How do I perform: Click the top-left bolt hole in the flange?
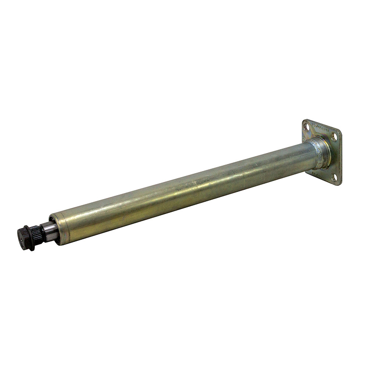tap(306, 127)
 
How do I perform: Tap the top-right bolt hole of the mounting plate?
tap(334, 137)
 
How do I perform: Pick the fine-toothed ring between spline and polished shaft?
tap(44, 233)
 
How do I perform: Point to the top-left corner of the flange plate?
tap(304, 121)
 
